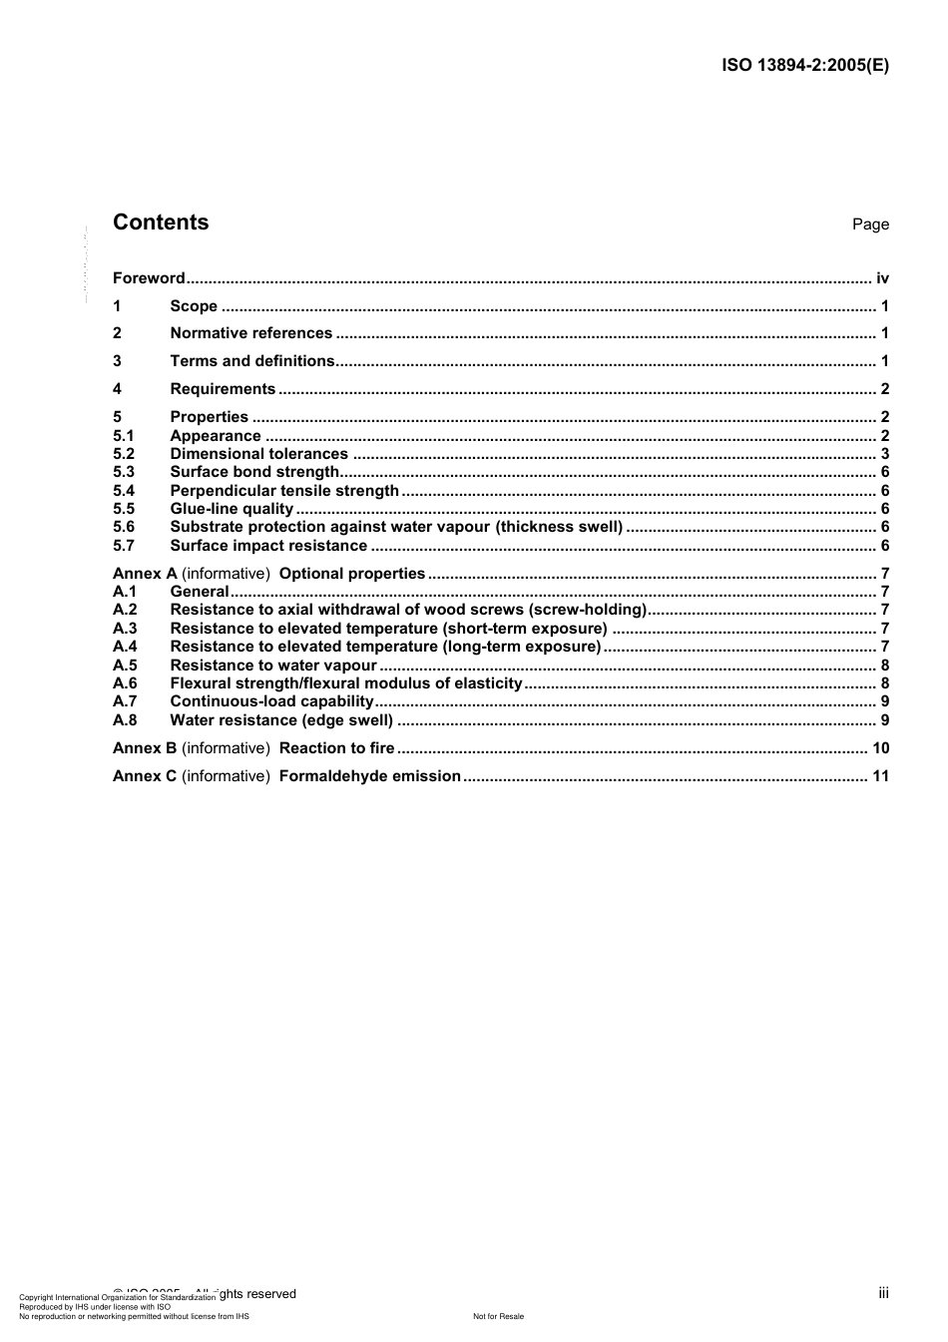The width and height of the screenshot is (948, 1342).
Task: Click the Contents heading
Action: click(x=161, y=223)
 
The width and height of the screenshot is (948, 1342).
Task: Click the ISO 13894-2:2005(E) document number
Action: click(x=804, y=66)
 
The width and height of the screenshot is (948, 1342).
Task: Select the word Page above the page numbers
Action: click(x=870, y=224)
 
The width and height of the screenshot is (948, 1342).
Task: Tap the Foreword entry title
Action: click(x=149, y=278)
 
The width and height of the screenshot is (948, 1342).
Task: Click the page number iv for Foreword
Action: click(x=882, y=278)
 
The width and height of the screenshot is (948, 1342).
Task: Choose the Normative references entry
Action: click(x=250, y=333)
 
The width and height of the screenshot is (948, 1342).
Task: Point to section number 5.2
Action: click(x=124, y=454)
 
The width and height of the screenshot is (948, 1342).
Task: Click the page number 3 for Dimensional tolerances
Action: click(x=885, y=454)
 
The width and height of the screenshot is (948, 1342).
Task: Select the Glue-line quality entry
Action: click(x=232, y=509)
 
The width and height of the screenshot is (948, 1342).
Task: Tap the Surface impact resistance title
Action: click(x=268, y=546)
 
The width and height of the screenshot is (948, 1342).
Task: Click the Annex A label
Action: click(x=145, y=574)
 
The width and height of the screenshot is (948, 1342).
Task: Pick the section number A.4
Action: click(x=125, y=647)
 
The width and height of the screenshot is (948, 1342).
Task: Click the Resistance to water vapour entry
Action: click(x=273, y=666)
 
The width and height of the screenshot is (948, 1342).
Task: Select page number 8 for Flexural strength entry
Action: click(x=885, y=683)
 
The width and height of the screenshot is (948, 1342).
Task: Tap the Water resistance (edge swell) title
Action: click(x=281, y=720)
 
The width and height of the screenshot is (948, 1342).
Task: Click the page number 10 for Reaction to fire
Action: click(x=880, y=748)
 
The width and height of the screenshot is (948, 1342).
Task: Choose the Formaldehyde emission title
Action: click(x=370, y=776)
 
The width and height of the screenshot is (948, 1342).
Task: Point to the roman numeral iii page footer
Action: click(x=883, y=1293)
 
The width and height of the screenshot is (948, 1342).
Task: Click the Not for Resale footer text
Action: click(x=498, y=1316)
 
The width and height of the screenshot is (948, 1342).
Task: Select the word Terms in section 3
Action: click(x=194, y=361)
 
